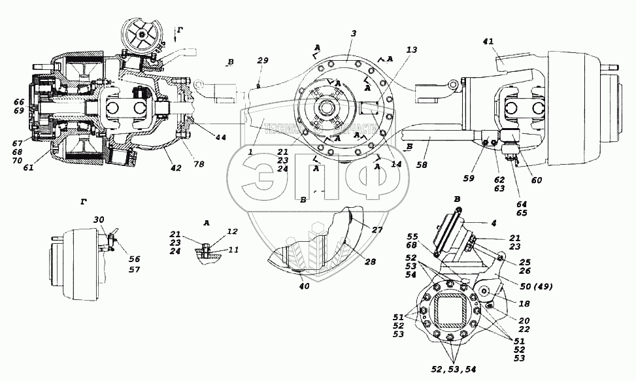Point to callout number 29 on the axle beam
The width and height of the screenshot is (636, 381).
pyautogui.click(x=263, y=60)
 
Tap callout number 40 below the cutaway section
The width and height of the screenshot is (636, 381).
pyautogui.click(x=304, y=286)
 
